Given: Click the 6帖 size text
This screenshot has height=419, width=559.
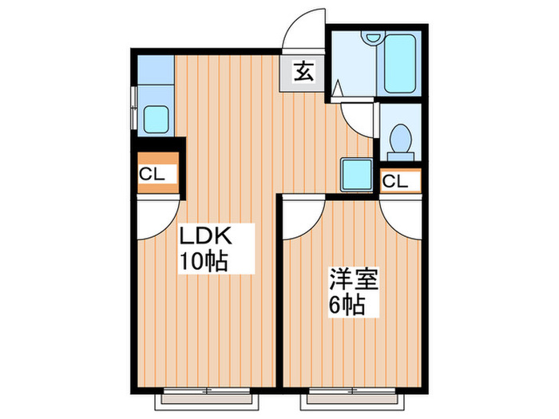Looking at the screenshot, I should [344, 305].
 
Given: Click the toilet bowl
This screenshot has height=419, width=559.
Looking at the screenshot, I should [398, 140].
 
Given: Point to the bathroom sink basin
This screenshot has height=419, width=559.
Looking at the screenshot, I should [369, 38].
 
